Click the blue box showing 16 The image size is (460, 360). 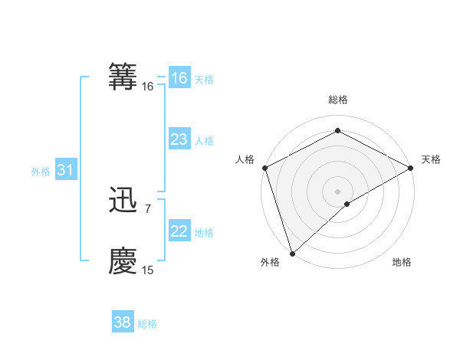click(179, 78)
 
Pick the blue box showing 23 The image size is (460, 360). click(179, 139)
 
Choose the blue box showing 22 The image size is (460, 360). click(179, 231)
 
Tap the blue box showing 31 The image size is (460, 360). click(65, 171)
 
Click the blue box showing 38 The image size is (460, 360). click(122, 322)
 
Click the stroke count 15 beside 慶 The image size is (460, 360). click(147, 270)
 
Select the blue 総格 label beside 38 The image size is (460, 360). click(147, 324)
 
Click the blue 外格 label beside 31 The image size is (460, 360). click(41, 172)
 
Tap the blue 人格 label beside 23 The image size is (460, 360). click(204, 141)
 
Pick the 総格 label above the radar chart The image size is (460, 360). click(337, 100)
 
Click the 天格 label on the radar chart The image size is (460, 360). click(431, 159)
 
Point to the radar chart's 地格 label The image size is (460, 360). click(402, 262)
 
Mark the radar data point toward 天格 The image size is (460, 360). click(411, 168)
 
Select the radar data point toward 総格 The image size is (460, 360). click(337, 131)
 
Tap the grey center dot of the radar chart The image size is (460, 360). click(337, 191)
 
